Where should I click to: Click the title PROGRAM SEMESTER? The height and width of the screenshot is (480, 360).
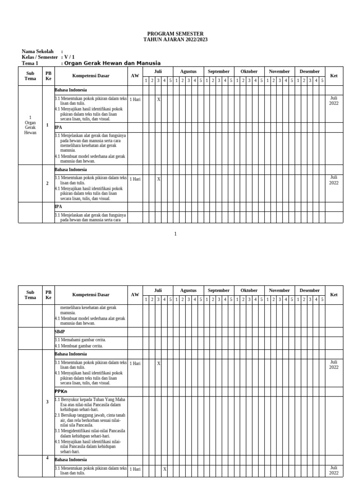175,34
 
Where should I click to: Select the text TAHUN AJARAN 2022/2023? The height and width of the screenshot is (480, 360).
175,40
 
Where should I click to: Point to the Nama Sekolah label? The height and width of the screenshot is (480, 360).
38,52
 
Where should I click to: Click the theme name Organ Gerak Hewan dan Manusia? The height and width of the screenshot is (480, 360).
112,63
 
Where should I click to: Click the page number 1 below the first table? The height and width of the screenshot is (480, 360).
175,234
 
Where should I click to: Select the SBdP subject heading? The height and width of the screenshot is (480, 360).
60,332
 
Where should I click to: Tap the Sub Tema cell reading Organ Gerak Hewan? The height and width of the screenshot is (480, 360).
30,125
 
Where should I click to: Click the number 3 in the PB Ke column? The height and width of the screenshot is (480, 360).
47,402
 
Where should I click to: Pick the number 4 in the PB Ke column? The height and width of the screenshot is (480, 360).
47,458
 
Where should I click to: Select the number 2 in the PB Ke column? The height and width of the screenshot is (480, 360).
47,183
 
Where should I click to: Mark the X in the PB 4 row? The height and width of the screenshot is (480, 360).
165,469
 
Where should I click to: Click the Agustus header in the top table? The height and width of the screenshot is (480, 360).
188,72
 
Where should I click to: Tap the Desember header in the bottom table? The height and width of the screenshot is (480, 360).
310,291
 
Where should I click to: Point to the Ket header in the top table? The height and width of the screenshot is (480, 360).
334,76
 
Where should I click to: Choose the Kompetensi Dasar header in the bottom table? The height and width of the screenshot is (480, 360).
91,295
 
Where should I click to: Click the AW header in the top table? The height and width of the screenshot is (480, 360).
135,76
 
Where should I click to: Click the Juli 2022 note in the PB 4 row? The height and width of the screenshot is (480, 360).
333,470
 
